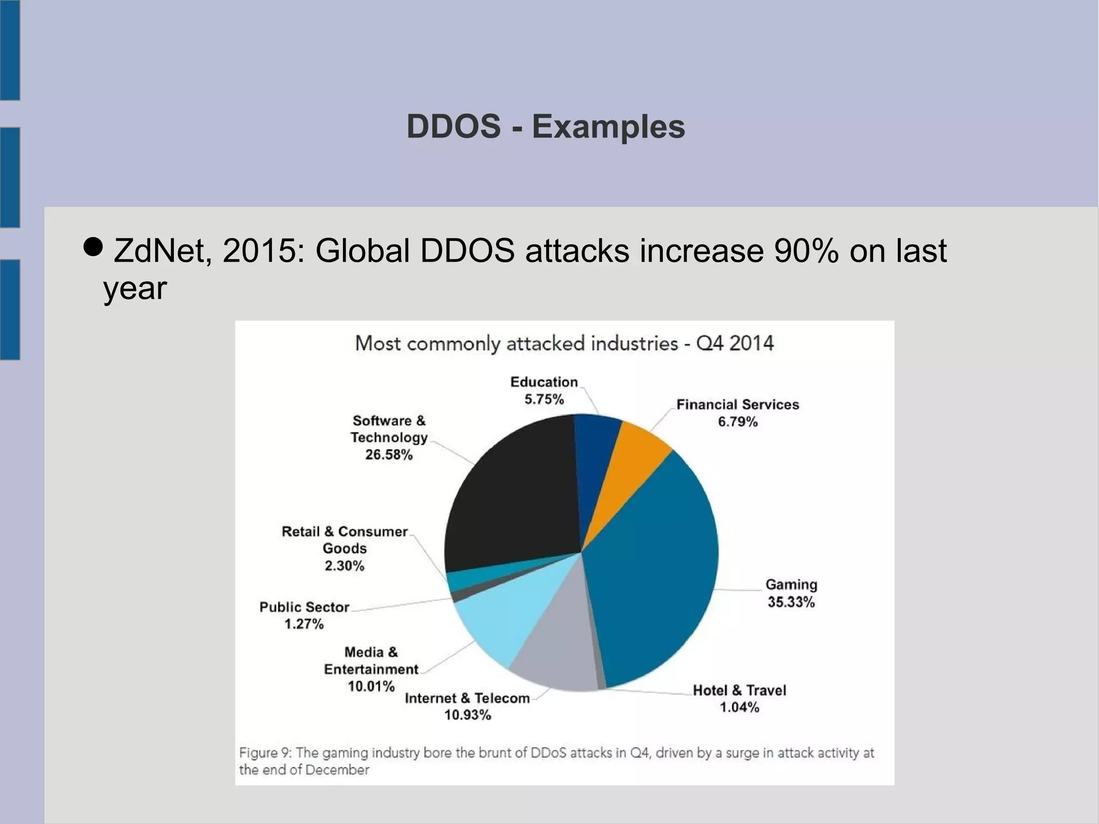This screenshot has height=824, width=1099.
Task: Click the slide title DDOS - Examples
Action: click(546, 127)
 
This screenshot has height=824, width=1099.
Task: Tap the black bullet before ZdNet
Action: click(93, 246)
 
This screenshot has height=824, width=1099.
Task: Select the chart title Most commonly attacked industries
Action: click(564, 344)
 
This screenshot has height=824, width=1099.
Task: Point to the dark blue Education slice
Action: click(596, 446)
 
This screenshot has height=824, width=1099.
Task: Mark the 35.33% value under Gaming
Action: click(791, 602)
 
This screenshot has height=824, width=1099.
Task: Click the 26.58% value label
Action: click(389, 455)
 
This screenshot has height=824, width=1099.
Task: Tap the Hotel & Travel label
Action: click(739, 690)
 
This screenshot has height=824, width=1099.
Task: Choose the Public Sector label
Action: click(304, 607)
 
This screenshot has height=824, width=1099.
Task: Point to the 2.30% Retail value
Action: click(345, 566)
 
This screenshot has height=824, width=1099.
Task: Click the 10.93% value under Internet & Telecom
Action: click(467, 715)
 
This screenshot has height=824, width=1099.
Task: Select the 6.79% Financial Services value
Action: click(738, 422)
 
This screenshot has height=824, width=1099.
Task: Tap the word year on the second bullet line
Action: click(135, 289)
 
